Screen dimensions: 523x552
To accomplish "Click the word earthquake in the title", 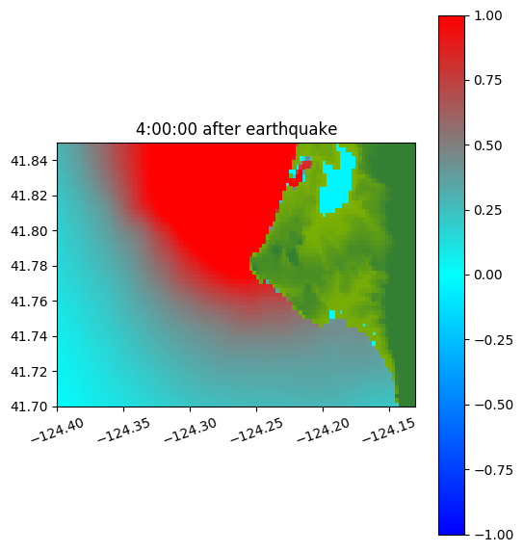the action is coord(292,129).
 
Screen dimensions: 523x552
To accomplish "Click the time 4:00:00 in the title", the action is coord(167,129).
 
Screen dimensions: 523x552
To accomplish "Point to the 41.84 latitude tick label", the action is coord(29,161).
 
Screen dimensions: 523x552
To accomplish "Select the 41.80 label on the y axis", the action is coord(29,231).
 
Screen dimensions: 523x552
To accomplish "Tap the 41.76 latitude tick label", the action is coord(29,302).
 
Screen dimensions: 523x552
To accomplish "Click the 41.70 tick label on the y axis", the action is coord(29,407).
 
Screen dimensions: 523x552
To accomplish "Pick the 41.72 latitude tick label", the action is coord(29,372).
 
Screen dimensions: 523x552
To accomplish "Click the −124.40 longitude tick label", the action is coord(58,431).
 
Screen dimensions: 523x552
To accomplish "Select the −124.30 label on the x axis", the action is coord(190,431).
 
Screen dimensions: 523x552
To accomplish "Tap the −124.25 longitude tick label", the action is coord(256,431).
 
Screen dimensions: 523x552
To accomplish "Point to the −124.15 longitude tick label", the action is coord(389,431).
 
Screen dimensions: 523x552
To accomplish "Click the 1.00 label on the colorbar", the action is coord(488,15).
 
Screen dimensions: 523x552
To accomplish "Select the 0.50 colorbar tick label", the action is coord(488,145).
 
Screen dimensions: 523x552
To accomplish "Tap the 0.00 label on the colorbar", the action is coord(488,275).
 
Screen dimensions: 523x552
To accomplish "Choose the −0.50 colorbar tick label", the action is coord(493,405).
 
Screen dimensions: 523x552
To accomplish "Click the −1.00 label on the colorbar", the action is coord(493,535).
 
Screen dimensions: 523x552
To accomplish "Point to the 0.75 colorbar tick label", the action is coord(488,80).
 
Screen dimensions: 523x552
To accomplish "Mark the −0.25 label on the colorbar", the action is coord(493,340).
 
